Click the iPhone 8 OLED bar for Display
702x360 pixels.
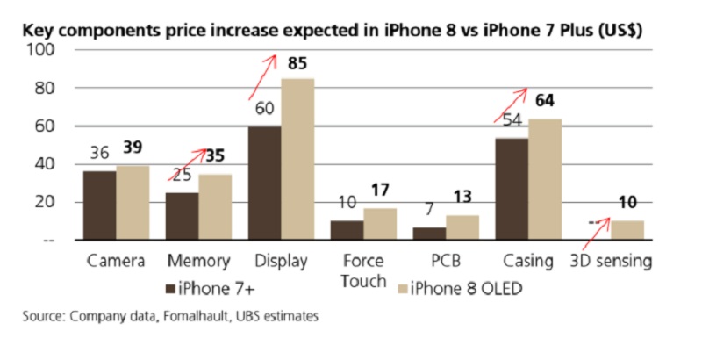pos(297,159)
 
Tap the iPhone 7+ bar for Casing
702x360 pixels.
pos(512,188)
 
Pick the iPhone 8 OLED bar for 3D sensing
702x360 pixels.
pos(627,229)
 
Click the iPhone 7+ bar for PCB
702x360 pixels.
pos(430,233)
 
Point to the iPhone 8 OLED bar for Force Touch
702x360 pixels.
pos(380,223)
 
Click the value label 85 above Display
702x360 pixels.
pos(296,64)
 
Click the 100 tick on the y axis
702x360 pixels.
pos(42,50)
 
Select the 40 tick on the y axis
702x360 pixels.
pos(45,164)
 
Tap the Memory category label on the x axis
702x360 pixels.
pos(197,262)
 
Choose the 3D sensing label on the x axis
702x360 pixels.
pos(612,262)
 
